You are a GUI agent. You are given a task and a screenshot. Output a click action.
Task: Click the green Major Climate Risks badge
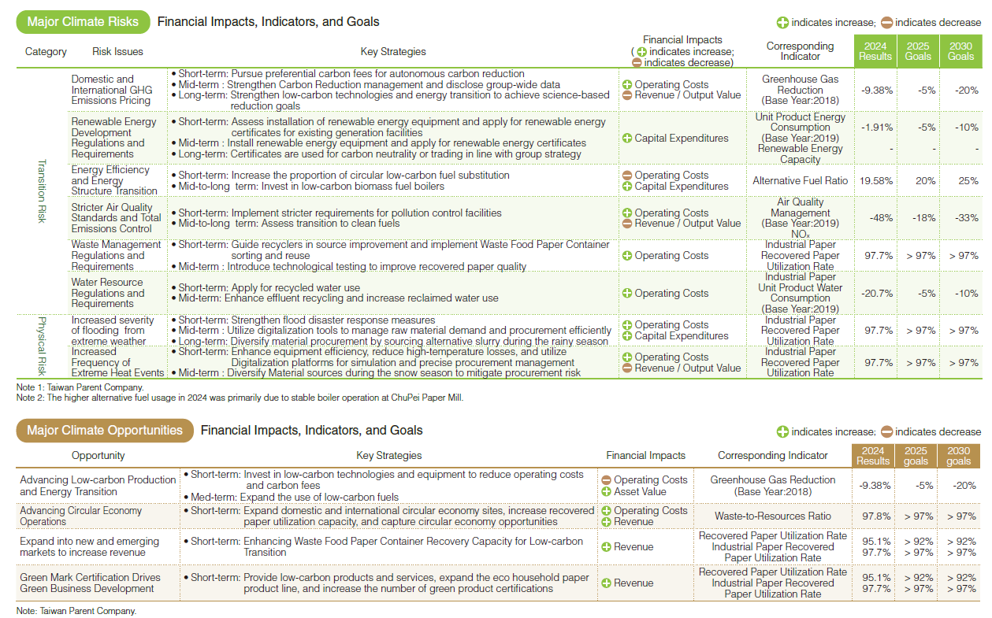tap(83, 22)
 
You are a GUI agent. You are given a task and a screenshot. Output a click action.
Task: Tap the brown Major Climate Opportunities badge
tap(105, 431)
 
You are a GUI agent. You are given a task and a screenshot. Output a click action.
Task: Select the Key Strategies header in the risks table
tap(393, 52)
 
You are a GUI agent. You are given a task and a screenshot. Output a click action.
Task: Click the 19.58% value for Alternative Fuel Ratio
tap(877, 181)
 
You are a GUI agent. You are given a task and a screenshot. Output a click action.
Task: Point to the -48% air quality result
tap(877, 218)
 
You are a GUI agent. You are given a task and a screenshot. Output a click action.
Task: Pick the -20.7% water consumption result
tap(877, 293)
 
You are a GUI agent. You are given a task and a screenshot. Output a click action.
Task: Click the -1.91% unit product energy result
tap(877, 128)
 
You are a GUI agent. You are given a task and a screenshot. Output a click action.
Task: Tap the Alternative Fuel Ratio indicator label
tap(800, 181)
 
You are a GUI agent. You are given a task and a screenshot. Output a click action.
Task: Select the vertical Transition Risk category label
tap(43, 191)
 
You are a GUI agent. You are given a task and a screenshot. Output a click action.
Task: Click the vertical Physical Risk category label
tap(43, 346)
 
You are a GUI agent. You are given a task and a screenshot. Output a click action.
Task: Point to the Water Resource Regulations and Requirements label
tap(108, 293)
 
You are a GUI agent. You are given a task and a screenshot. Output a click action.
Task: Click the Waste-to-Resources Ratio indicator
tap(772, 516)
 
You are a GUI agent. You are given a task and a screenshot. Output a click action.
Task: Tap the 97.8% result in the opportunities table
tap(872, 516)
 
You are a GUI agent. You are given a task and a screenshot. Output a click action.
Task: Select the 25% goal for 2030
tap(960, 181)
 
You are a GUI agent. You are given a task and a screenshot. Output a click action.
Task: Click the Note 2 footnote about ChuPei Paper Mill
tap(240, 398)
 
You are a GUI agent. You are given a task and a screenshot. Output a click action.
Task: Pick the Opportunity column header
tap(98, 456)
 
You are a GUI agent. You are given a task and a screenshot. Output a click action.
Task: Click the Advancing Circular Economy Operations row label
tap(81, 516)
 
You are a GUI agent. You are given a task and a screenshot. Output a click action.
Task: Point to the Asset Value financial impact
tap(639, 492)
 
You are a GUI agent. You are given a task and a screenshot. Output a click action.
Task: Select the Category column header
tap(46, 52)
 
